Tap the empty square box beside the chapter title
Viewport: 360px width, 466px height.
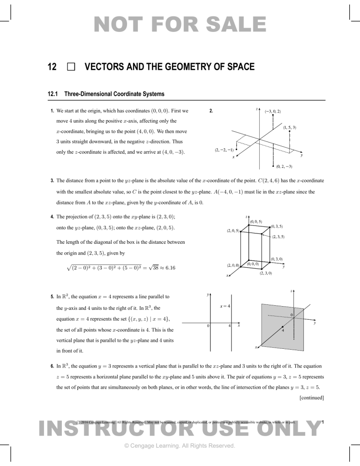point(71,68)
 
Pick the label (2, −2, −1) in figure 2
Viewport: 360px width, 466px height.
point(223,150)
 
